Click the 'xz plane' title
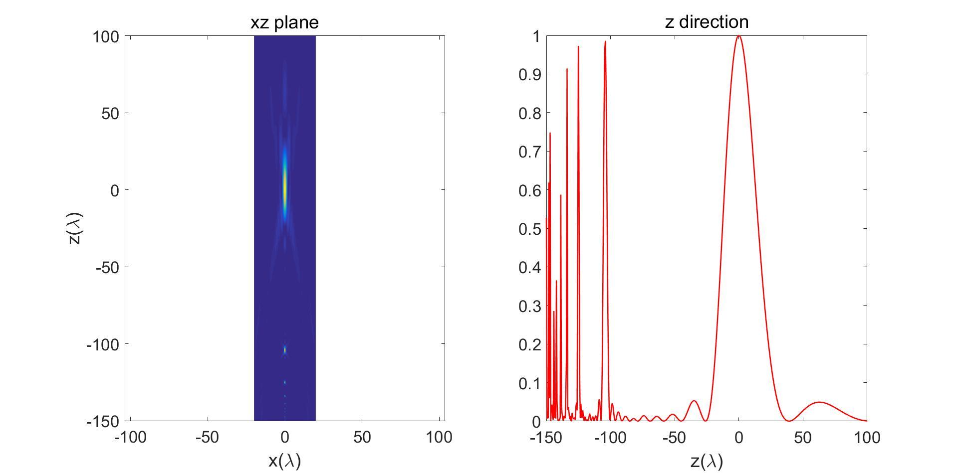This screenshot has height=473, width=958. click(284, 22)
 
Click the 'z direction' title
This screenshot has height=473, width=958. click(707, 22)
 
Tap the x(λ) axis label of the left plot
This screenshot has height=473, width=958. click(284, 461)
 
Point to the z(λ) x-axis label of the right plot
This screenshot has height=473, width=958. click(707, 461)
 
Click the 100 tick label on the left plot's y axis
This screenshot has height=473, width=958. click(105, 36)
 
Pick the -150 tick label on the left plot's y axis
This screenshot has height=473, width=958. click(102, 421)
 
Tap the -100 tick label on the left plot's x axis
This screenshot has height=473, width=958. click(130, 438)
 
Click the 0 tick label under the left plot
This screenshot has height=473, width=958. click(285, 438)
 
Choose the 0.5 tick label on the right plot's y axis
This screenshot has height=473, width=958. click(529, 229)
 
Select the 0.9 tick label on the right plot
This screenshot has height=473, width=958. click(529, 75)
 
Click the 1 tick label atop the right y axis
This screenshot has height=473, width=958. click(536, 36)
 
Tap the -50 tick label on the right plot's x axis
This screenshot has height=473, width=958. click(674, 438)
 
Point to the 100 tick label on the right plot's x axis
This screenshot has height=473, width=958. click(867, 438)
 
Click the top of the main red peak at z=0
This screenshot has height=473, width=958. click(738, 36)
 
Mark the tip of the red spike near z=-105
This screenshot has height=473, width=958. click(605, 42)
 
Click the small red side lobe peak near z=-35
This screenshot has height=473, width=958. click(694, 401)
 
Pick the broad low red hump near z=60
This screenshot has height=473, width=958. click(819, 402)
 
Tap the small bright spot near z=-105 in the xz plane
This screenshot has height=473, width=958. click(285, 350)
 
